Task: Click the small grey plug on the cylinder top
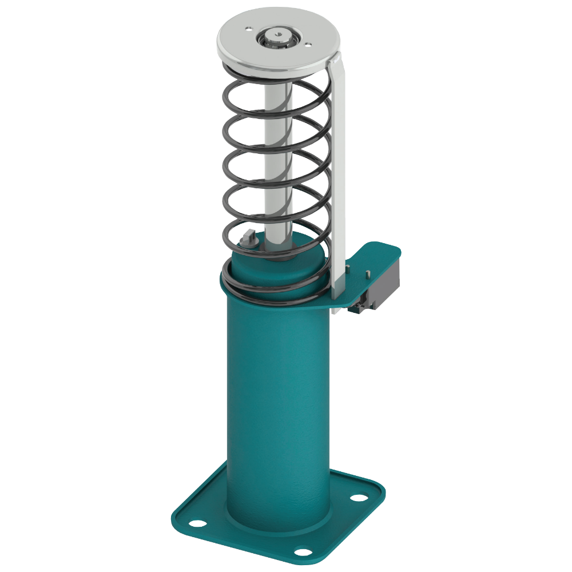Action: click(x=248, y=236)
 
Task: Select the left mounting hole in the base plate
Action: click(x=196, y=523)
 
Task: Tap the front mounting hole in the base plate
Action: click(x=301, y=553)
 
